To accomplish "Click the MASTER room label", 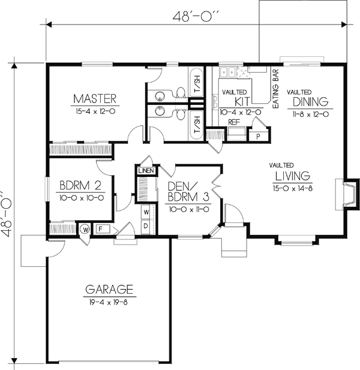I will click(95, 98).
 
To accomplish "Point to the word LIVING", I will click(292, 176).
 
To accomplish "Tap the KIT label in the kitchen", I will click(242, 101).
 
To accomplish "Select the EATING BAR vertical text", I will click(277, 88).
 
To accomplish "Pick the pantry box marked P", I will click(258, 136).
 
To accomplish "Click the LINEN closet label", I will click(146, 171).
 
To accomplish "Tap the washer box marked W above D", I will click(145, 212).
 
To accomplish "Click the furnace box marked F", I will click(100, 228).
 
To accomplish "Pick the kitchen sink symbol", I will click(229, 73).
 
